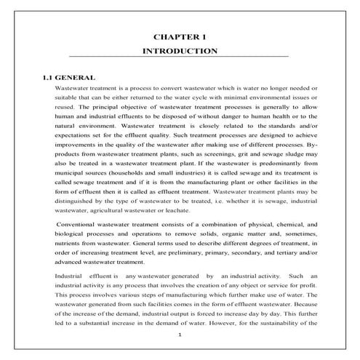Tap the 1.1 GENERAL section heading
point(69,76)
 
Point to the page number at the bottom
point(180,335)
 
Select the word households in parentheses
point(137,175)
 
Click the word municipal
point(71,175)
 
